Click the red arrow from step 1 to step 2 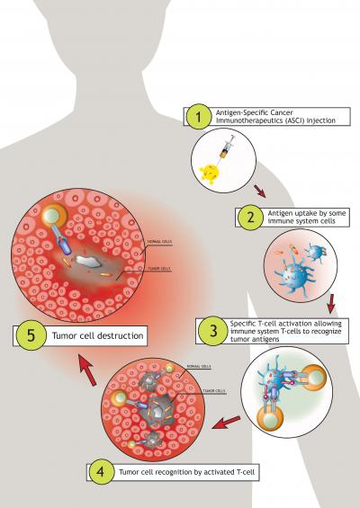258,190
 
